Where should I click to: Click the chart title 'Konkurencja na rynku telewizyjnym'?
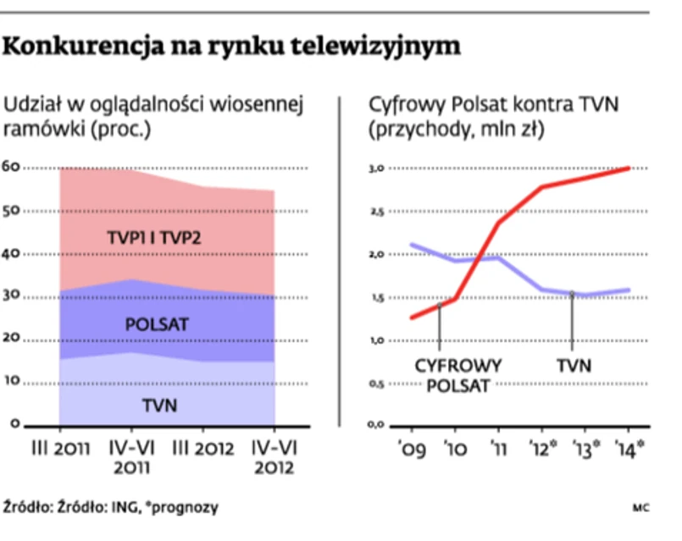pyautogui.click(x=231, y=47)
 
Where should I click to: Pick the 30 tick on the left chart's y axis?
pyautogui.click(x=12, y=296)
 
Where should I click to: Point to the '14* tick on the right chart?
pyautogui.click(x=629, y=447)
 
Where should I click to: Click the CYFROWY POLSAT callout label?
pyautogui.click(x=457, y=375)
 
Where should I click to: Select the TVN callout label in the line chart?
pyautogui.click(x=574, y=366)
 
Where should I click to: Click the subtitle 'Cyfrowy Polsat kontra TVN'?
pyautogui.click(x=495, y=106)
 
